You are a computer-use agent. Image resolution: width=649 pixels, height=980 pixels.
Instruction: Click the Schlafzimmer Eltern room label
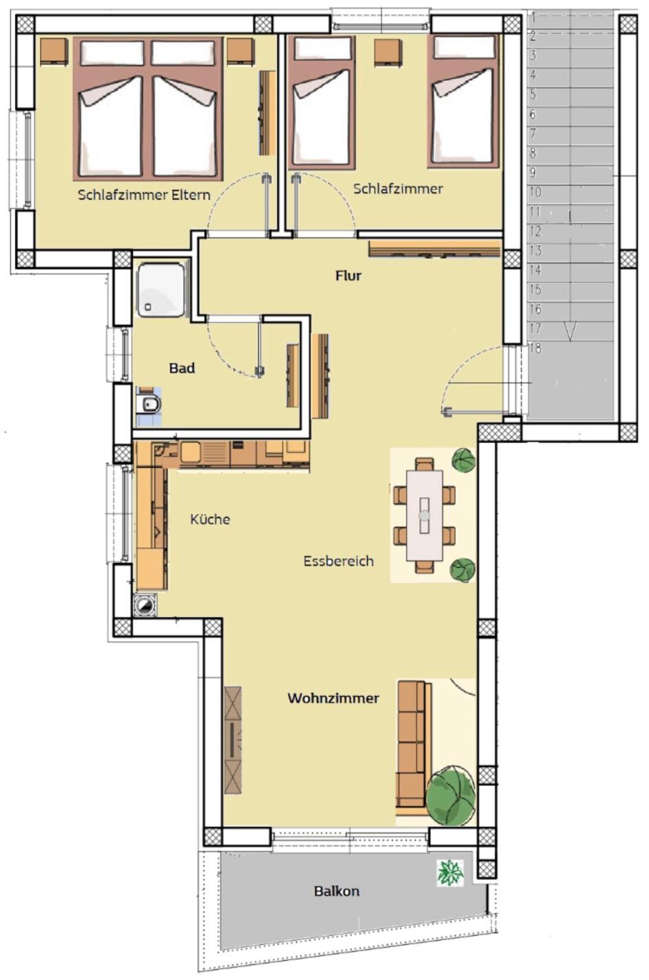(144, 195)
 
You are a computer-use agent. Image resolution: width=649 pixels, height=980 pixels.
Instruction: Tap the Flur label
(348, 275)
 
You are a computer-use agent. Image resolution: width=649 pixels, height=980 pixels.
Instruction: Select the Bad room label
(182, 368)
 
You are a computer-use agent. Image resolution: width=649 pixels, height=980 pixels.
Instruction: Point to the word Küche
(210, 519)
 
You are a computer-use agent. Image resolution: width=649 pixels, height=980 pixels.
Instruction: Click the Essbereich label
(339, 561)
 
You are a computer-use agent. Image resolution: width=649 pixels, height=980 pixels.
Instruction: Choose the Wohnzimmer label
(333, 698)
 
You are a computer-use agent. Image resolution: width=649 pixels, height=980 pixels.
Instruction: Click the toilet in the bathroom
(148, 405)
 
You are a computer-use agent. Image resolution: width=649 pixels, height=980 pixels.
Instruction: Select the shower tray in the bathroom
(162, 289)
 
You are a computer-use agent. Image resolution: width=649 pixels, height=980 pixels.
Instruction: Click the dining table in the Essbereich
(424, 515)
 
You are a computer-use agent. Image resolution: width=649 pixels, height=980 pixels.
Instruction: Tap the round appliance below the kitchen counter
(145, 606)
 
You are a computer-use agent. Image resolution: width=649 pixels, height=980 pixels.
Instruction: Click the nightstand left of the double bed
(54, 51)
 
